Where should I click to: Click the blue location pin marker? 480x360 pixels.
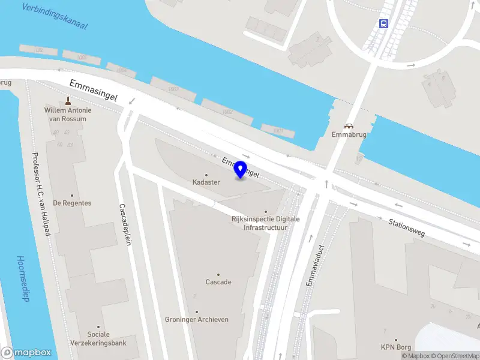241,169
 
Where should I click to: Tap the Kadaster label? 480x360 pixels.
206,182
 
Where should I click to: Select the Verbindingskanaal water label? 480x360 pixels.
54,16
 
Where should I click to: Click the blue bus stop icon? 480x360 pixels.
383,24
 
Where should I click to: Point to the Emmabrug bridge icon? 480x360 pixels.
349,126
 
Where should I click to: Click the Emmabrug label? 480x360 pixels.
349,135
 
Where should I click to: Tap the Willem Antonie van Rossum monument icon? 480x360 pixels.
68,100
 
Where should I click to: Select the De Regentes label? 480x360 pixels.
72,203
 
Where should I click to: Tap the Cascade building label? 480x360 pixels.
218,282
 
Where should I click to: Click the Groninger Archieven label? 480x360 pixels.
197,320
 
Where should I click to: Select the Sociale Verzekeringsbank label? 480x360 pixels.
98,338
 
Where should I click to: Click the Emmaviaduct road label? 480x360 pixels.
310,265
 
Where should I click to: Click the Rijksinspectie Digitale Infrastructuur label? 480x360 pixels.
265,223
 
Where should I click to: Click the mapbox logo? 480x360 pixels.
26,353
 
